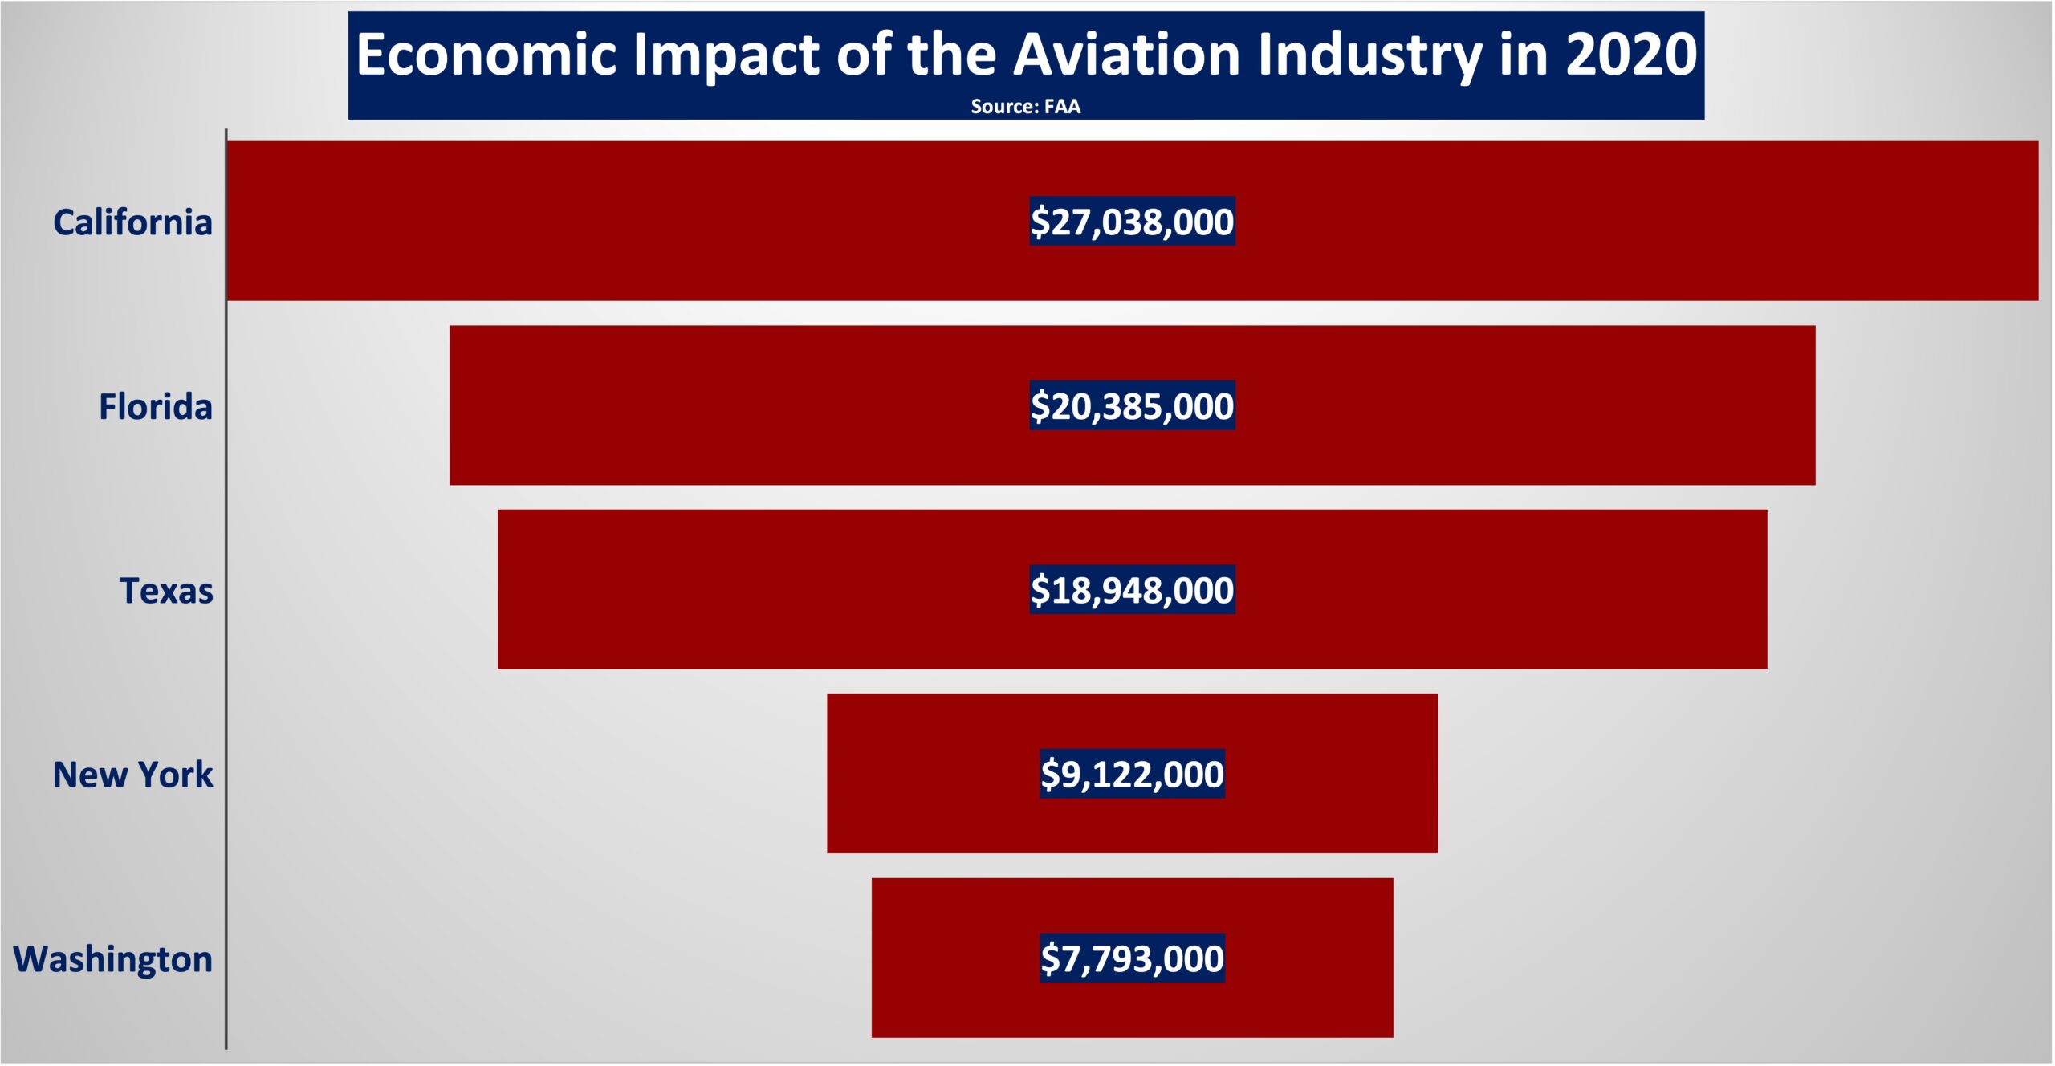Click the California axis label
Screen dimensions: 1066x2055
click(x=132, y=222)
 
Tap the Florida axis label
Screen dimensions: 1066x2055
click(x=156, y=406)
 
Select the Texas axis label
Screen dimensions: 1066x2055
click(x=166, y=591)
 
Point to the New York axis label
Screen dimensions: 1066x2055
click(x=132, y=775)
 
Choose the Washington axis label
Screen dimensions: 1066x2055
click(x=113, y=959)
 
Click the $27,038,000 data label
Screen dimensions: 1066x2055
click(x=1132, y=222)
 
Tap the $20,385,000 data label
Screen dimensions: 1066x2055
click(x=1132, y=406)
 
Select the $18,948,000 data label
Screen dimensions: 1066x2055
click(x=1132, y=590)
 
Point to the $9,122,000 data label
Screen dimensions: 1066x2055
click(x=1132, y=775)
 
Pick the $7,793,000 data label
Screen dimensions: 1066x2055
click(x=1132, y=958)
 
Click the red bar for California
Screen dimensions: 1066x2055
click(x=642, y=222)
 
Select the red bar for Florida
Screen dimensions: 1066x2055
click(x=722, y=406)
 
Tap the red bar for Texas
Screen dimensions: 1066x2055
click(x=763, y=590)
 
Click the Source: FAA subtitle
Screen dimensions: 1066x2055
click(x=1025, y=107)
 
